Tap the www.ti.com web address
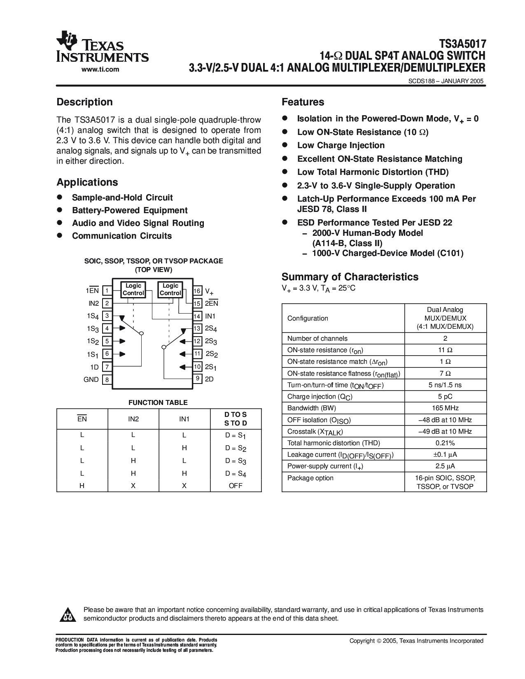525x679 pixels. (x=100, y=69)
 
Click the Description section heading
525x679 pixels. (x=84, y=102)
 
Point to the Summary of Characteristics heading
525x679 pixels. (x=350, y=277)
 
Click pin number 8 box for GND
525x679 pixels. (x=107, y=380)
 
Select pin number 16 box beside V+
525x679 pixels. (x=197, y=291)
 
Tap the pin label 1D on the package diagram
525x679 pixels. (x=94, y=367)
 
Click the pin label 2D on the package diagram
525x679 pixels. (x=209, y=379)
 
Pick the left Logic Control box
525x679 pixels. (x=133, y=289)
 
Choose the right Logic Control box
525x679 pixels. (x=170, y=289)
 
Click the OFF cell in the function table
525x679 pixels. (x=236, y=486)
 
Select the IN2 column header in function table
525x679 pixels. (x=133, y=419)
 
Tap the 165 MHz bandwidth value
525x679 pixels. (x=446, y=408)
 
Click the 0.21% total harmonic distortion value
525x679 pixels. (x=446, y=443)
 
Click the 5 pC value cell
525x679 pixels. (x=446, y=397)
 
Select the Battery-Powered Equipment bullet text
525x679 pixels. (x=130, y=210)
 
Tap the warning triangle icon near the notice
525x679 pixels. (x=67, y=614)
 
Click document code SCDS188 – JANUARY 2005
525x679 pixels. (x=446, y=81)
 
